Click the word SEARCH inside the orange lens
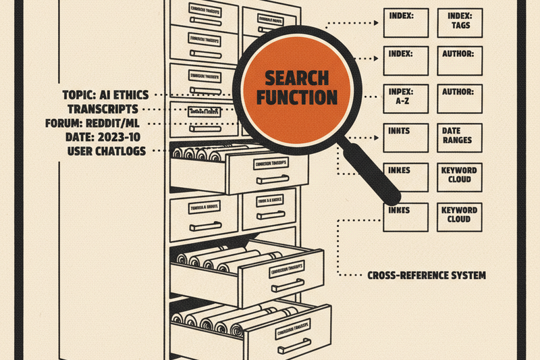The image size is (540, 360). [x=291, y=78]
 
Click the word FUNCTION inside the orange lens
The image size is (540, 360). [x=291, y=97]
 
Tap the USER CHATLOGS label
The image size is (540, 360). [x=107, y=151]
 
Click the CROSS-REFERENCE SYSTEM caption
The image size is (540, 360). [x=426, y=276]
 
